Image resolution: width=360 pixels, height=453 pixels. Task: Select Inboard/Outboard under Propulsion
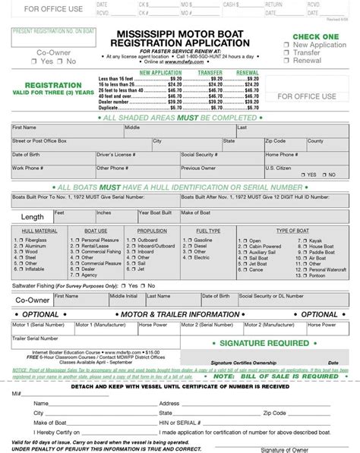point(131,246)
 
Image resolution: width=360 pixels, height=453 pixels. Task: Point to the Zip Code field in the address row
point(275,141)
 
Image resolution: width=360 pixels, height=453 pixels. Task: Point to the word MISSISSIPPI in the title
point(134,34)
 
